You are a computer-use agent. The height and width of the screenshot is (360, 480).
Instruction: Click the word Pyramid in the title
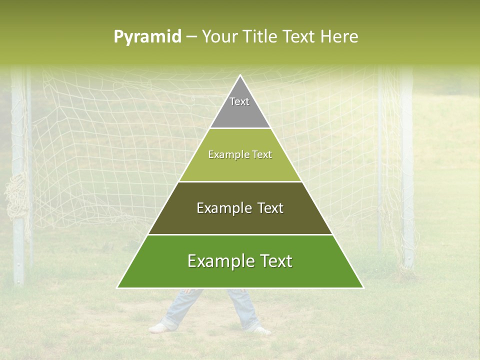coord(147,37)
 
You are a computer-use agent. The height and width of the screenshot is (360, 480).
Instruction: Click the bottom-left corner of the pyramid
coord(118,287)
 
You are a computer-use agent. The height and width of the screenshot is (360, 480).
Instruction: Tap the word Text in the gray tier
coord(239,101)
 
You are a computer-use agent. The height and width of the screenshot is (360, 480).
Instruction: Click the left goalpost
coord(18,175)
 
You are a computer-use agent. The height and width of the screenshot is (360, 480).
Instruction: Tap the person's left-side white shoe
coord(159,328)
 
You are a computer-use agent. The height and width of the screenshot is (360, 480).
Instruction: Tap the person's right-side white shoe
coord(261,330)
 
